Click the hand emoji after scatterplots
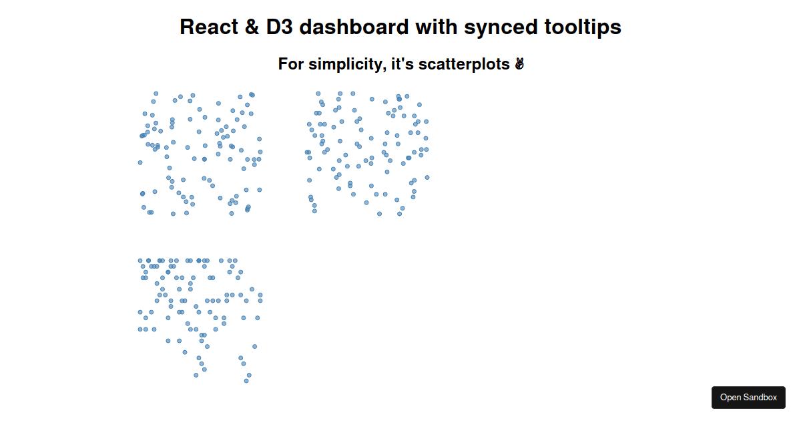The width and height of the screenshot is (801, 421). pos(519,64)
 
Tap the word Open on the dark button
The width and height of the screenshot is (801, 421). pos(731,398)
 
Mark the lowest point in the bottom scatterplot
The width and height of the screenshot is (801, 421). pos(246,381)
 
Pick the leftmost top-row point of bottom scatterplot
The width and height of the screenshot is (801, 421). pos(140,260)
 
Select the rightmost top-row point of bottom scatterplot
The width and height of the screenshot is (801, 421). pos(235,260)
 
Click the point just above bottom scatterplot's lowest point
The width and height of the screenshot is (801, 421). pos(249,375)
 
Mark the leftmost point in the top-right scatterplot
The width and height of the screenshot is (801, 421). pos(306,152)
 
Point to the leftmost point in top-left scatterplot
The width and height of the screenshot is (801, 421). pos(140,162)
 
